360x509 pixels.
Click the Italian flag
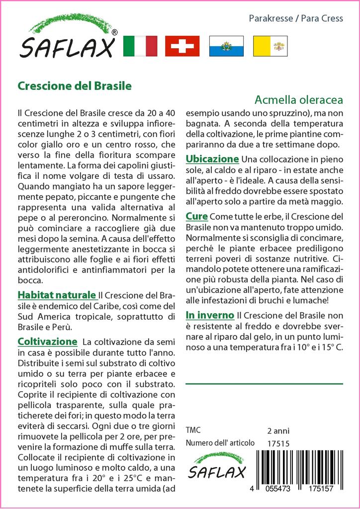(140, 46)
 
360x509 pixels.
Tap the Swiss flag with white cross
(182, 46)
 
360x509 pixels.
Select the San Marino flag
(226, 46)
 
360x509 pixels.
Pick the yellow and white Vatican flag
(270, 46)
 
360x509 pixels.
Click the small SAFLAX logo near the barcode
(216, 467)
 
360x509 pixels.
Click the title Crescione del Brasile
(75, 85)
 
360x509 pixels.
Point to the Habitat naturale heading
(57, 294)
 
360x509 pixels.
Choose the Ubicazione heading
(212, 159)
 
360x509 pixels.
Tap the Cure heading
(197, 217)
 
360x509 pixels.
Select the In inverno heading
(210, 315)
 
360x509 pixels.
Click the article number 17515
(278, 443)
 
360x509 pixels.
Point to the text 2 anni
(278, 430)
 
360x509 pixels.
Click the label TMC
(194, 430)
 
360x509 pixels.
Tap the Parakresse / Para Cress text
(295, 18)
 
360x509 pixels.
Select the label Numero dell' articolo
(220, 443)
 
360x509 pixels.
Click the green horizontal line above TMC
(264, 384)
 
